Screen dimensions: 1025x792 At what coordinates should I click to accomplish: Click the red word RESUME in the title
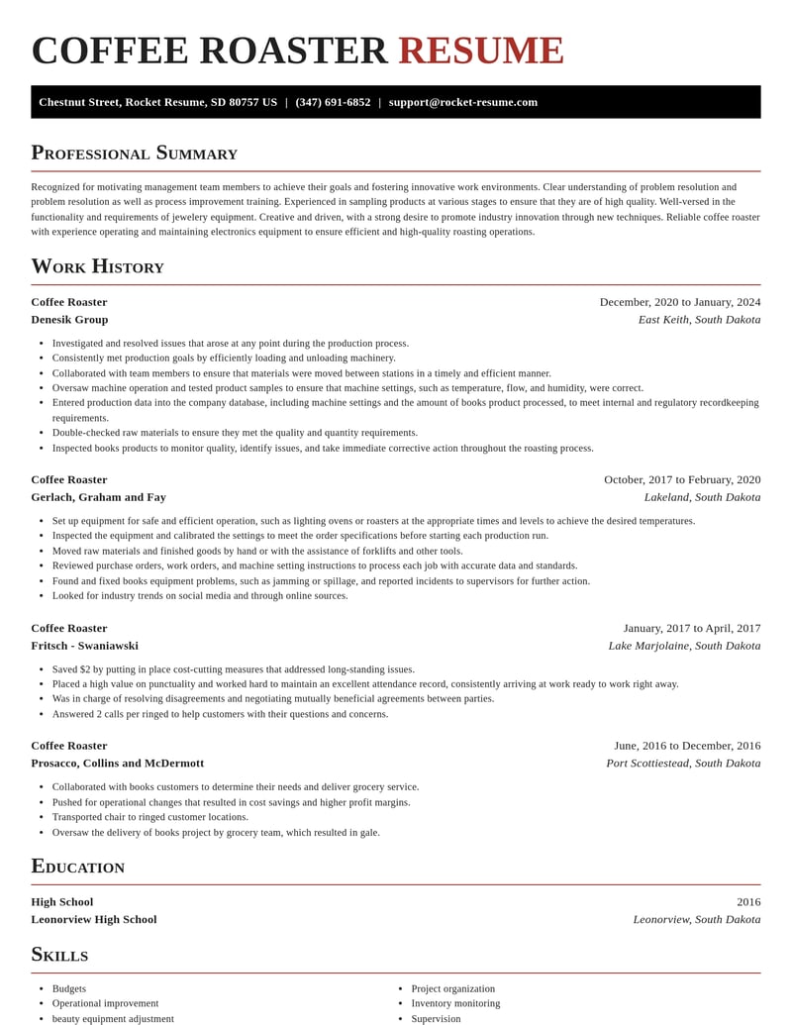click(x=480, y=51)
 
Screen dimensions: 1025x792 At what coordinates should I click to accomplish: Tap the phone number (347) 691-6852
click(x=333, y=102)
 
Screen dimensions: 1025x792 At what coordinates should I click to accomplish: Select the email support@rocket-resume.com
click(x=463, y=102)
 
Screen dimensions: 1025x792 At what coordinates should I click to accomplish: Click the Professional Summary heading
click(x=134, y=153)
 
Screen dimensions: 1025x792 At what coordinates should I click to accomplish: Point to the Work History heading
click(x=97, y=266)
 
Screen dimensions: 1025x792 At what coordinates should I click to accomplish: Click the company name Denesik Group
click(x=69, y=320)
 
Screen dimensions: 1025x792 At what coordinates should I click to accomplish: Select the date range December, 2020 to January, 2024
click(x=680, y=302)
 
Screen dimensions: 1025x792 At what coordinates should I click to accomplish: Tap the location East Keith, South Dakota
click(x=699, y=320)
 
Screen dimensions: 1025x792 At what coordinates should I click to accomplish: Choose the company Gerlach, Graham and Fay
click(x=98, y=497)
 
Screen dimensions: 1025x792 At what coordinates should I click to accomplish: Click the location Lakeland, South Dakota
click(x=702, y=497)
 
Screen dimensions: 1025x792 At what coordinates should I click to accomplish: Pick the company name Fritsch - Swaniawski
click(x=84, y=646)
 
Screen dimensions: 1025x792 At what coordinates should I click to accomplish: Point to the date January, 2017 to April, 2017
click(x=692, y=628)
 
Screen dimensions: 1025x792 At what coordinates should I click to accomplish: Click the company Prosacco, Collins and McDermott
click(x=117, y=764)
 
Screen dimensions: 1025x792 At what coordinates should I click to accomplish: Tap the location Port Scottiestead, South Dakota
click(x=683, y=764)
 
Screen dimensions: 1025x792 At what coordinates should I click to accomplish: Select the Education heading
click(x=77, y=867)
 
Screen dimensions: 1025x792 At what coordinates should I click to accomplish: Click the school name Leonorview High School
click(x=93, y=920)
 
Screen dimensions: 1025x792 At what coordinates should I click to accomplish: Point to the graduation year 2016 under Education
click(x=748, y=902)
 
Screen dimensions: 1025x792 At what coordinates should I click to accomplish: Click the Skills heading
click(x=59, y=955)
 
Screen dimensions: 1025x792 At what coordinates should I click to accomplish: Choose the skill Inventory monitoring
click(x=455, y=1003)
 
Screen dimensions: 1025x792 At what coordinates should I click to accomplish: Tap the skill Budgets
click(x=69, y=988)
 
